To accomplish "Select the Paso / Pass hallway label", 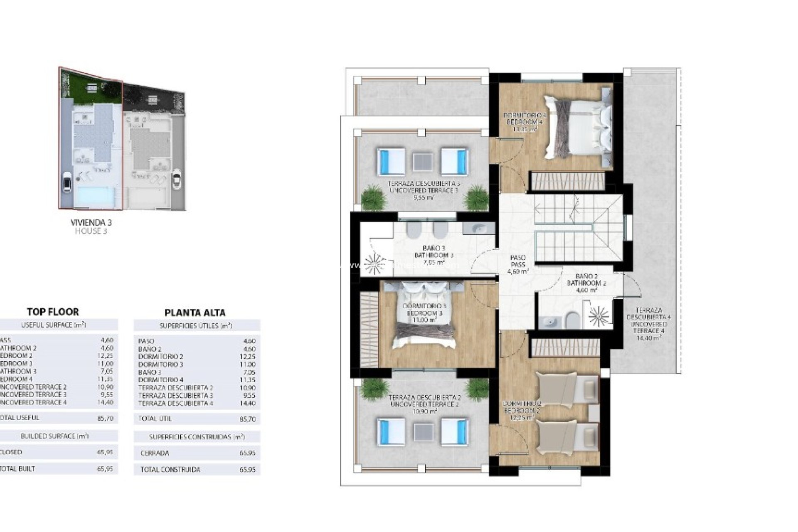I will (x=518, y=264).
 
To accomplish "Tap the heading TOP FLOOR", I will (x=53, y=312).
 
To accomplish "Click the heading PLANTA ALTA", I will (x=195, y=313).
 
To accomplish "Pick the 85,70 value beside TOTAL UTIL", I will (x=247, y=419).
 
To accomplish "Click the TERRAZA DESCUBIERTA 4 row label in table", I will (x=176, y=403).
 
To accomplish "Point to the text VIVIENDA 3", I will (x=91, y=223).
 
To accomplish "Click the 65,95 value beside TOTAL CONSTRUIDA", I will (x=247, y=470).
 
